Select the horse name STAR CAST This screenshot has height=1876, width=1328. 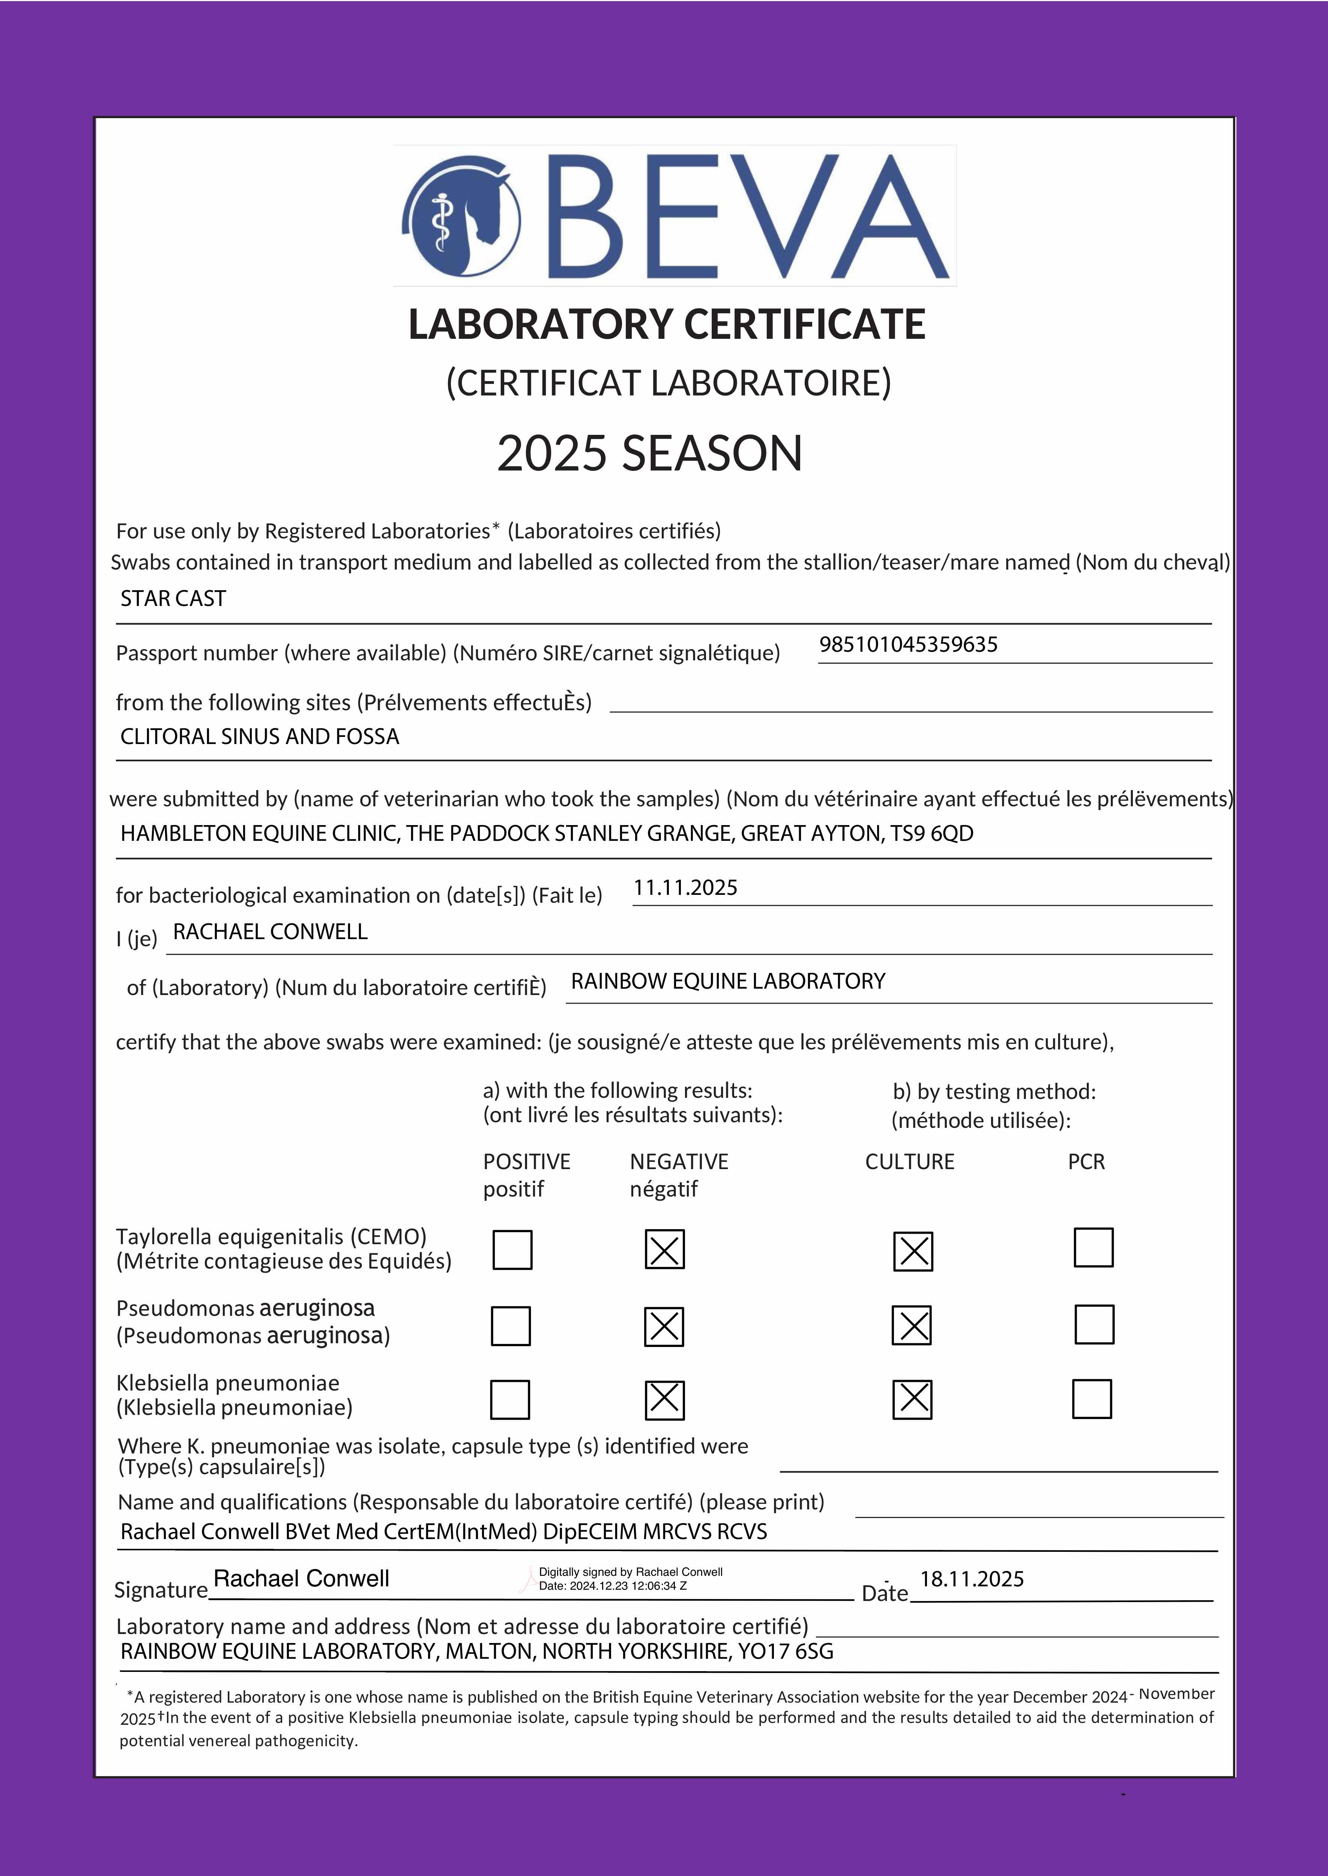coord(173,598)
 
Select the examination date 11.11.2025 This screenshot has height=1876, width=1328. coord(685,888)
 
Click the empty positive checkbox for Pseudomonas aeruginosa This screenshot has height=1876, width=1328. coord(510,1326)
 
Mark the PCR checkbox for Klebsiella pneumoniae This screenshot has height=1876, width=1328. coord(1092,1398)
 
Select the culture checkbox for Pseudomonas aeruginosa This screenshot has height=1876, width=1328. coord(912,1326)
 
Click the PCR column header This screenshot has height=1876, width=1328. coord(1086,1162)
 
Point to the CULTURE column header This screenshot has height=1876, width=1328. coord(909,1162)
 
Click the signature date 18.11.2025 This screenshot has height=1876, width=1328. coord(972,1579)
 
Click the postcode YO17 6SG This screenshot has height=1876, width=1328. coord(785,1651)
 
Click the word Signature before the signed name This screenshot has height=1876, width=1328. coord(161,1590)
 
